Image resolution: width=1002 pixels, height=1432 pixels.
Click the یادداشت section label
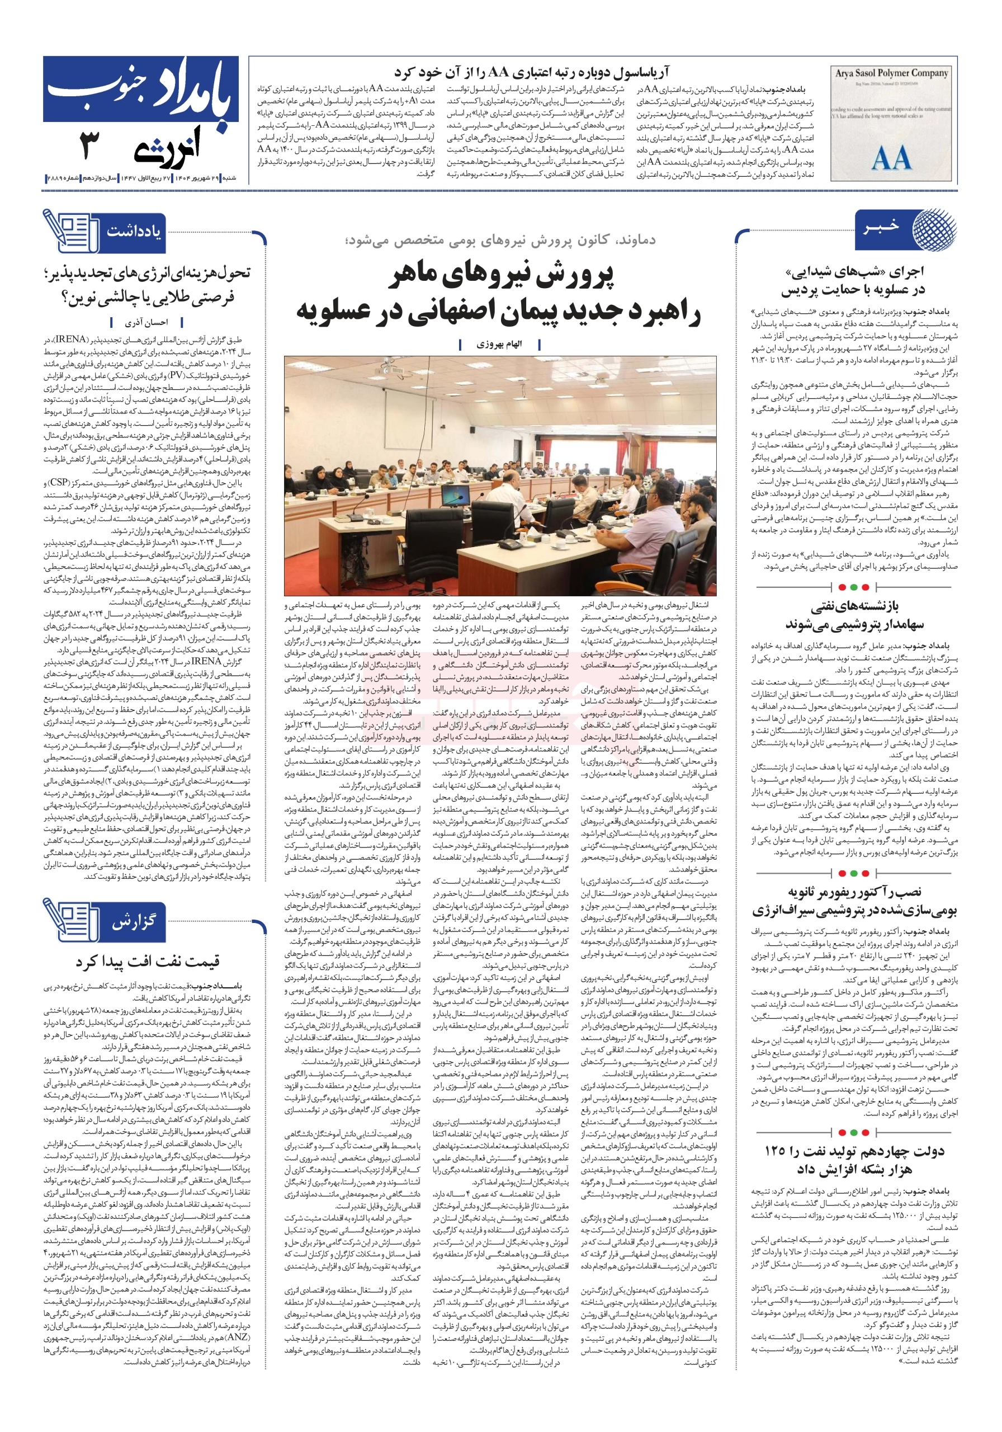click(x=134, y=232)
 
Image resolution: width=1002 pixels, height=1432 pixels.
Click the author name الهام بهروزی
click(x=499, y=344)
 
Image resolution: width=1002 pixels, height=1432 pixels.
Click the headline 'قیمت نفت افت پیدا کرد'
click(x=148, y=962)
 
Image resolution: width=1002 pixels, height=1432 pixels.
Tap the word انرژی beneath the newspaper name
click(x=167, y=148)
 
